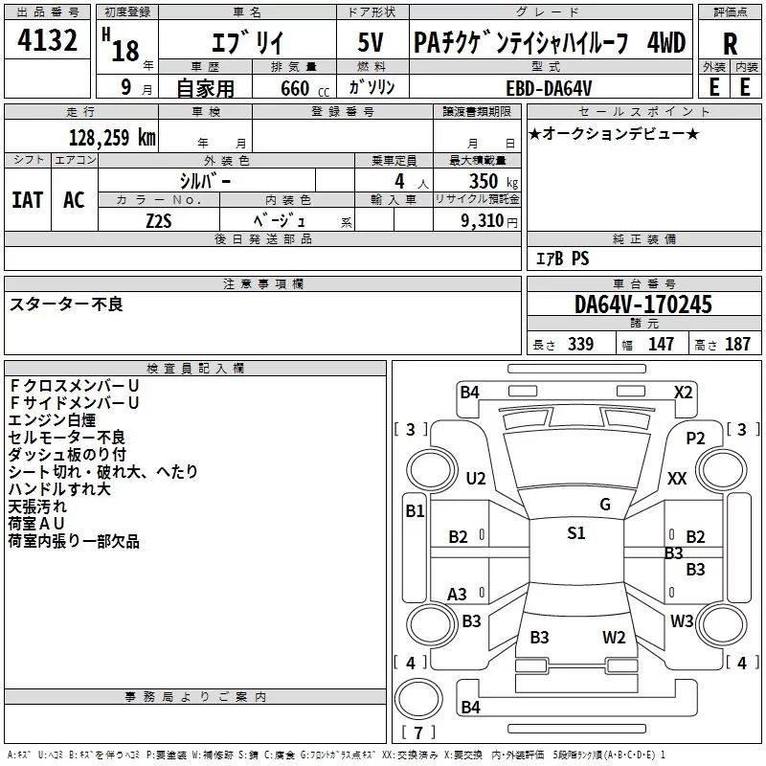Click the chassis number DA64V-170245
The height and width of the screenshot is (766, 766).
[642, 305]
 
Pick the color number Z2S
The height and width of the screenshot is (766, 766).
[159, 219]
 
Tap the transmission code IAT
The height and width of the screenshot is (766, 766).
[27, 199]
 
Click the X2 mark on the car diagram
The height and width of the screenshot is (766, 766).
[683, 391]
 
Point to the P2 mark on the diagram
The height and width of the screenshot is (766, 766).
[695, 438]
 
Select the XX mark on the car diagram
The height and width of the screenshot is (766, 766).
[677, 478]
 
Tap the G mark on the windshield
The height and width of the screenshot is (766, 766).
[604, 504]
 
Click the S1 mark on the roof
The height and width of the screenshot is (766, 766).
[575, 533]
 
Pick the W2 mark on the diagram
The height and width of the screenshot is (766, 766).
[614, 637]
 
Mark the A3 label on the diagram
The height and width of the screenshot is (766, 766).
[458, 594]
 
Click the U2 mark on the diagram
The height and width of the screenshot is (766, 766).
[475, 479]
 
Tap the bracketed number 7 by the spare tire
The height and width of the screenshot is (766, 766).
[417, 732]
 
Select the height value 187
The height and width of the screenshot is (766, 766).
[737, 345]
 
